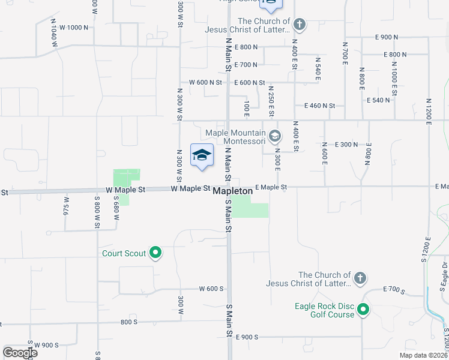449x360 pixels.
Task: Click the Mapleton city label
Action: [232, 190]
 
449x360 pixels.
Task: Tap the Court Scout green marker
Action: [155, 253]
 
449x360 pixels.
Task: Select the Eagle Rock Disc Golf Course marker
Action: [363, 310]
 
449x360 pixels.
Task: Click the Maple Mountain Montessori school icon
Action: [275, 137]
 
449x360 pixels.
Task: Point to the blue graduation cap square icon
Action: [202, 155]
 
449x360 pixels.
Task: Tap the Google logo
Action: [20, 353]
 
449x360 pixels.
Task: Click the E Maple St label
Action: [271, 187]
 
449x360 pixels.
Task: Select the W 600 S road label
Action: [211, 289]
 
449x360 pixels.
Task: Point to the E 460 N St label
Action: [319, 106]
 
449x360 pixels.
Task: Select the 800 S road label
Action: [129, 322]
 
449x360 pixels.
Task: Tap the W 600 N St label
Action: [205, 82]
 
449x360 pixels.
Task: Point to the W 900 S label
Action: [46, 345]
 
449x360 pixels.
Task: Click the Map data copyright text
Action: [423, 355]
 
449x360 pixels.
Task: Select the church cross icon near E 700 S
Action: [360, 278]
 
